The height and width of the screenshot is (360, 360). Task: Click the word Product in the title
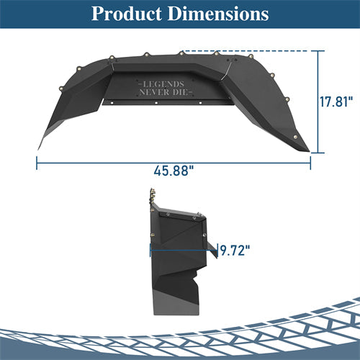pos(127,14)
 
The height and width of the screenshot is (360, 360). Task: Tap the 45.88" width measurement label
pos(174,172)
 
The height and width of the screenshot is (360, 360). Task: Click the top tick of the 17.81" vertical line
pos(318,52)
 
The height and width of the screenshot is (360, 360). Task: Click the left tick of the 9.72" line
pos(150,251)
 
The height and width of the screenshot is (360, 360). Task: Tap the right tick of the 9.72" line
pos(217,251)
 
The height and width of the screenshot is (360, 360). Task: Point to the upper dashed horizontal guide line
pos(252,52)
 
